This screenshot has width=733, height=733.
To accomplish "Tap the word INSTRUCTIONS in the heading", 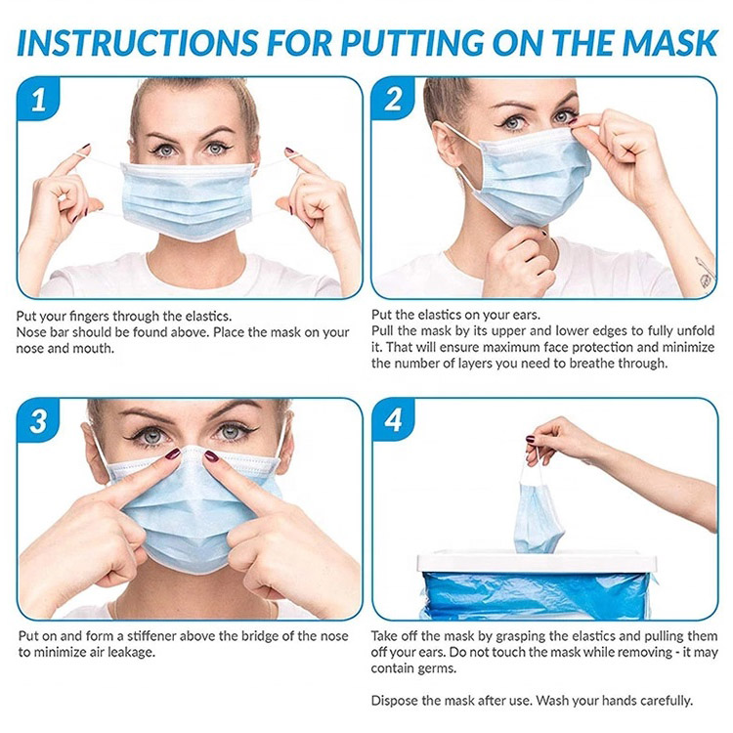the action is pyautogui.click(x=138, y=43).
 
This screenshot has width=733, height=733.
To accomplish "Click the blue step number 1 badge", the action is pyautogui.click(x=38, y=98).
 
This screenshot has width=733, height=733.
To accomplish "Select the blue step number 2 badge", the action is pyautogui.click(x=393, y=98).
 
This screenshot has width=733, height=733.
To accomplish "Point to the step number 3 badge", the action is pyautogui.click(x=38, y=420).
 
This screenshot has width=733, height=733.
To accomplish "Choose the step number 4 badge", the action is pyautogui.click(x=393, y=420).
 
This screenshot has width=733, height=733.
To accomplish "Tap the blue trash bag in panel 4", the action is pyautogui.click(x=537, y=593).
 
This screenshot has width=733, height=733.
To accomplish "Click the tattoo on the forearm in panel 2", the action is pyautogui.click(x=705, y=272).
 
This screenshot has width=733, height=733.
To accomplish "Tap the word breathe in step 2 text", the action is pyautogui.click(x=592, y=364).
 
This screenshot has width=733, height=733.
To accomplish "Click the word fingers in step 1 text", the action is pyautogui.click(x=88, y=317).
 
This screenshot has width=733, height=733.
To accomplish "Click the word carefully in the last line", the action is pyautogui.click(x=666, y=701).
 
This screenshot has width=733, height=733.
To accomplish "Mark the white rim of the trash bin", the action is pyautogui.click(x=537, y=562).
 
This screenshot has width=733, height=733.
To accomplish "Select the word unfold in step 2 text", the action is pyautogui.click(x=696, y=331).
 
